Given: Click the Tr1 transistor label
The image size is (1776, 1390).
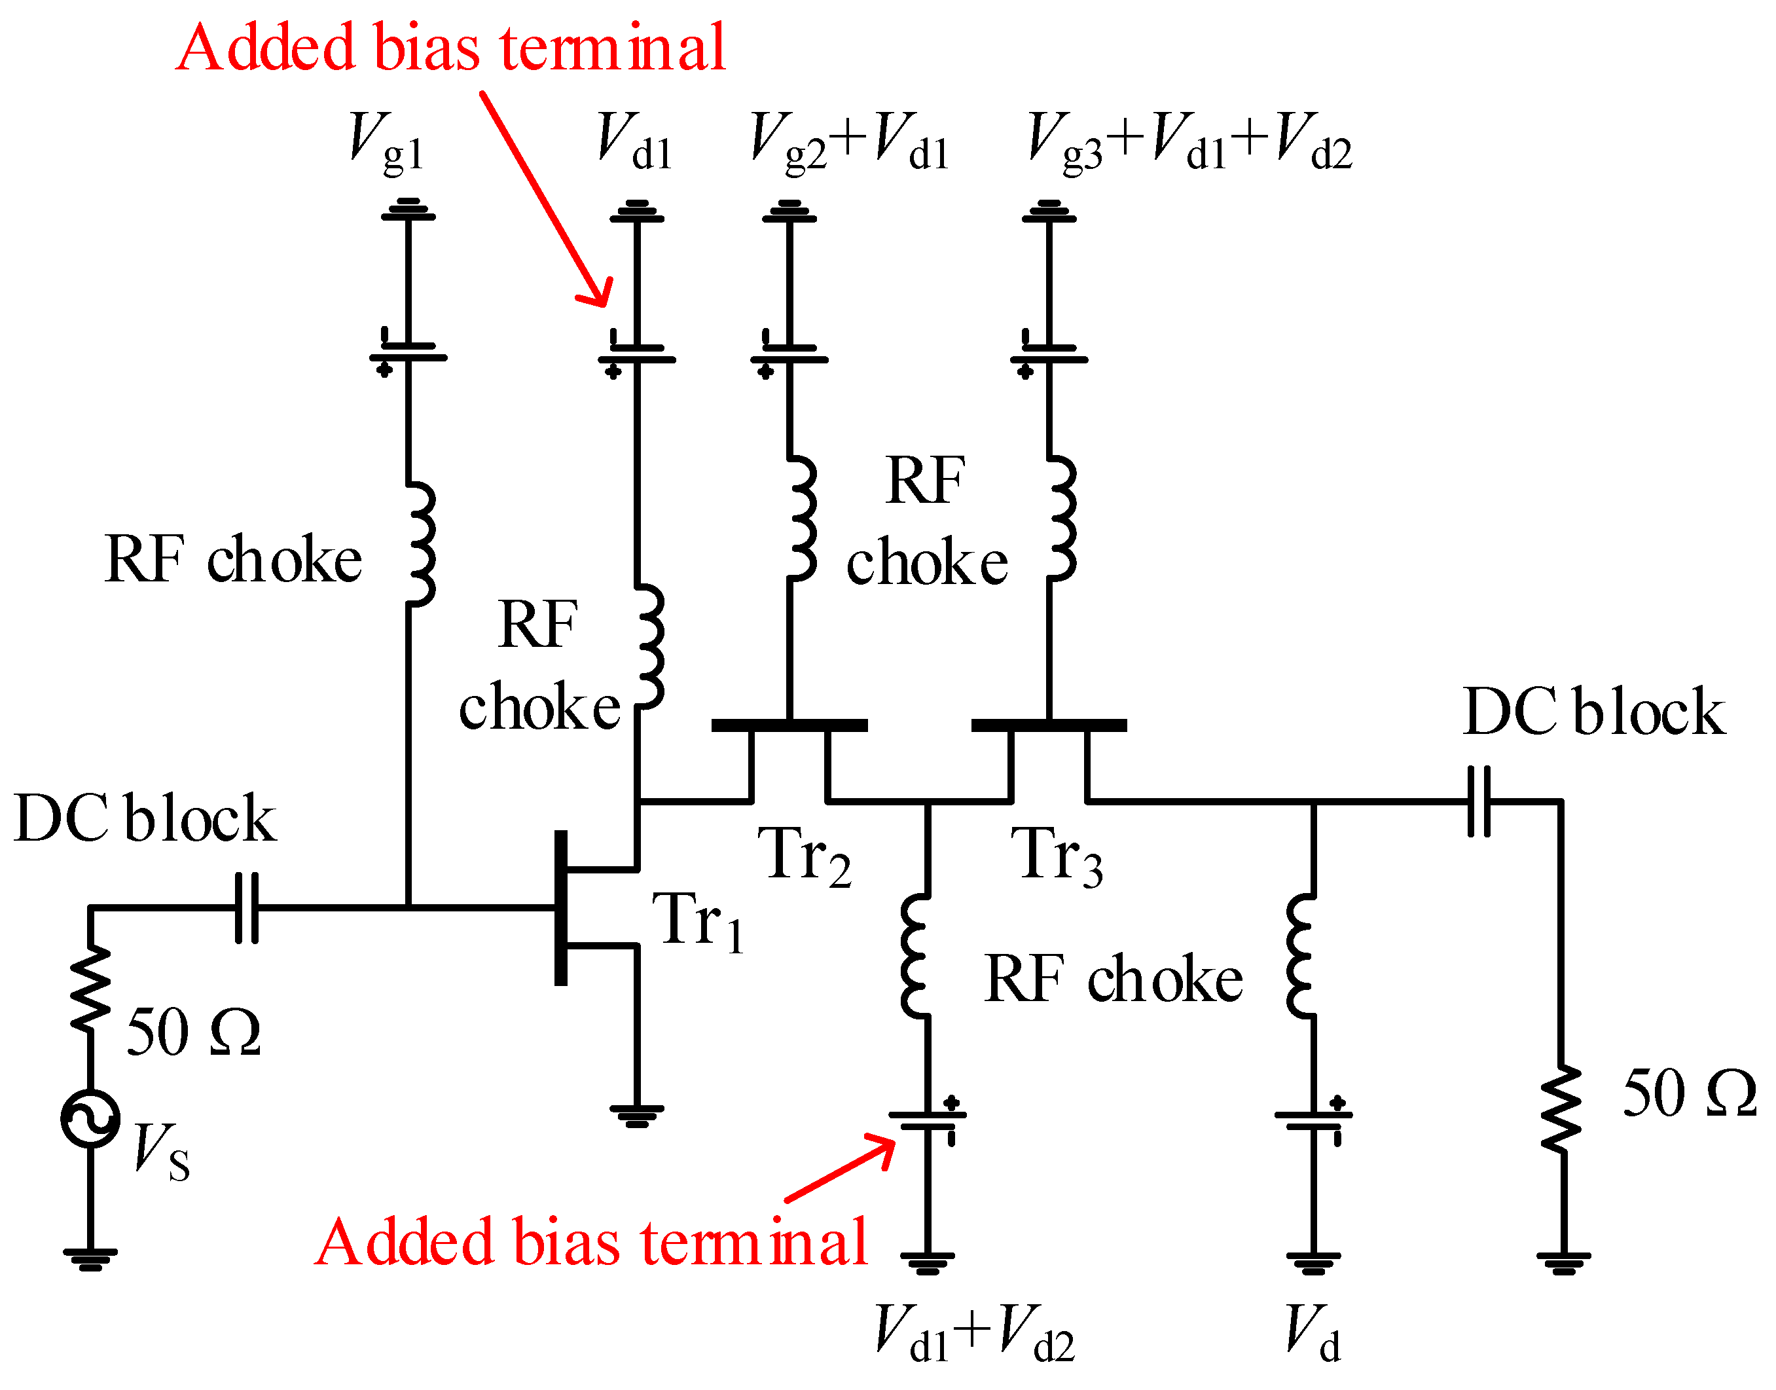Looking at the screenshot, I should coord(697,922).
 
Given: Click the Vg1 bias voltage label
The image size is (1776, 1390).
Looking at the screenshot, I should coord(386,143).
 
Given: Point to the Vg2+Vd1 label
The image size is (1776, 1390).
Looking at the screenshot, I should coord(848,143).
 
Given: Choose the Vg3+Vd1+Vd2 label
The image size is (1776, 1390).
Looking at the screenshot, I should coord(1189,143).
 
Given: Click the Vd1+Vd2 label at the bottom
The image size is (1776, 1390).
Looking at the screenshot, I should coord(974,1333).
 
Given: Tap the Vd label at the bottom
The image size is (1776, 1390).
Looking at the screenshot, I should coord(1313,1333).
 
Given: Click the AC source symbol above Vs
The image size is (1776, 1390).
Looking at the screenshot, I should coord(90,1119).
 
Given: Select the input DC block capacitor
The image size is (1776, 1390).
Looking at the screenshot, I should coord(247,907).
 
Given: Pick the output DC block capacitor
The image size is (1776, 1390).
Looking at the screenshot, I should coord(1479,801).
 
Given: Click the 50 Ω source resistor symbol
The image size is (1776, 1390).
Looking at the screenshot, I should coord(90,989).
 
